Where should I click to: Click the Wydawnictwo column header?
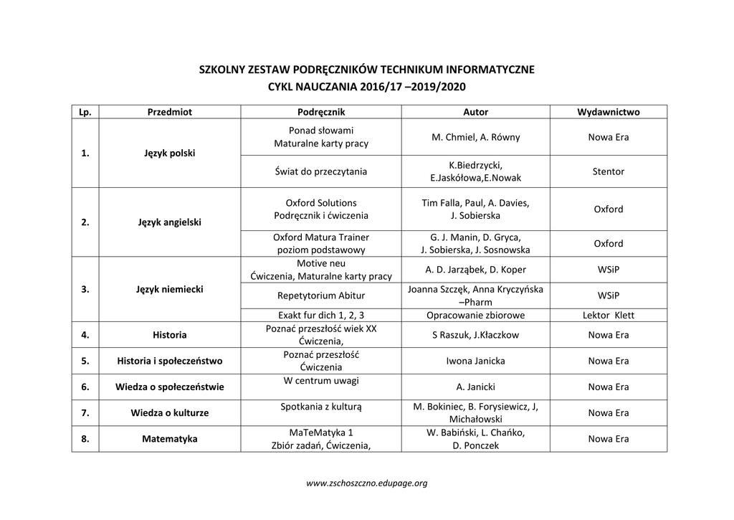608,112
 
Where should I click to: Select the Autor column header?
475,112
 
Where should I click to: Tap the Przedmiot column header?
169,112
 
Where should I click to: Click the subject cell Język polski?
169,153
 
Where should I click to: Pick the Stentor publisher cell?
608,171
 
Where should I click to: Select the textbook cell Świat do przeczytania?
320,171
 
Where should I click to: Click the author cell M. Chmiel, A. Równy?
475,137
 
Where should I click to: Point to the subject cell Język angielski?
169,222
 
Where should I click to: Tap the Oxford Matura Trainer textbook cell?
320,243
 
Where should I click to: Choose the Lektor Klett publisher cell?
608,315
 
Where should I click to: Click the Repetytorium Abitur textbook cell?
320,296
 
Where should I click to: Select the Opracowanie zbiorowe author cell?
475,315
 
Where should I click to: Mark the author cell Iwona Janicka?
475,361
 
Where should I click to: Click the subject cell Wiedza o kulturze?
169,413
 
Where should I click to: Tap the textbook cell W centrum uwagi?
320,380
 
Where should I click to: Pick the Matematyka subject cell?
169,439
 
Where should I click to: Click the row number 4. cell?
85,335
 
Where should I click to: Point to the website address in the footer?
366,483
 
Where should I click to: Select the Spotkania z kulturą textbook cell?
320,407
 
